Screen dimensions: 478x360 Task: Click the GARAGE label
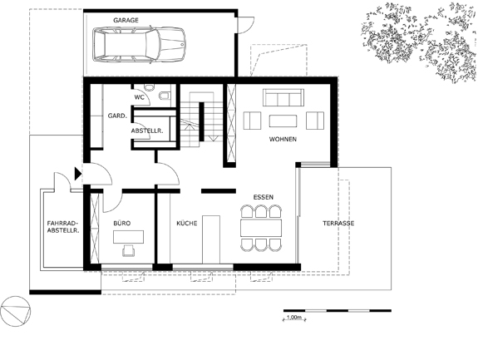[x=126, y=21]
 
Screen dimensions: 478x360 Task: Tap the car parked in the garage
[x=139, y=45]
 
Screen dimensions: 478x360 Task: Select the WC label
[x=139, y=97]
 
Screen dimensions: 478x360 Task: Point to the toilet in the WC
[x=165, y=96]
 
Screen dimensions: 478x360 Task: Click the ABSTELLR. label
[x=147, y=131]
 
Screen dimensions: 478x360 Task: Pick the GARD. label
[x=117, y=116]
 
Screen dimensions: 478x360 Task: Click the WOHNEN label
[x=283, y=140]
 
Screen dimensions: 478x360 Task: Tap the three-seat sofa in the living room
[x=283, y=98]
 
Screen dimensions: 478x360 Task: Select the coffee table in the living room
[x=283, y=121]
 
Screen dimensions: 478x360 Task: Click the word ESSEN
[x=264, y=197]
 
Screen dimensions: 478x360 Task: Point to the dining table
[x=261, y=228]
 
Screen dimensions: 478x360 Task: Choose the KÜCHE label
[x=187, y=224]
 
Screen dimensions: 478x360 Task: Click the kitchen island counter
[x=211, y=239]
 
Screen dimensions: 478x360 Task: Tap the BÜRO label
[x=122, y=224]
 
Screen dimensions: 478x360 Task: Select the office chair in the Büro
[x=129, y=250]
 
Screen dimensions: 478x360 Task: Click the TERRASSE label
[x=338, y=224]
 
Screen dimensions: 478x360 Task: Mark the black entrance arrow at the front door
[x=78, y=174]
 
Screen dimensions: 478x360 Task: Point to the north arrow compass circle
[x=16, y=311]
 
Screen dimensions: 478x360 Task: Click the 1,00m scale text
[x=294, y=318]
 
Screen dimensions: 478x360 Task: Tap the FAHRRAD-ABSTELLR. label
[x=63, y=226]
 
